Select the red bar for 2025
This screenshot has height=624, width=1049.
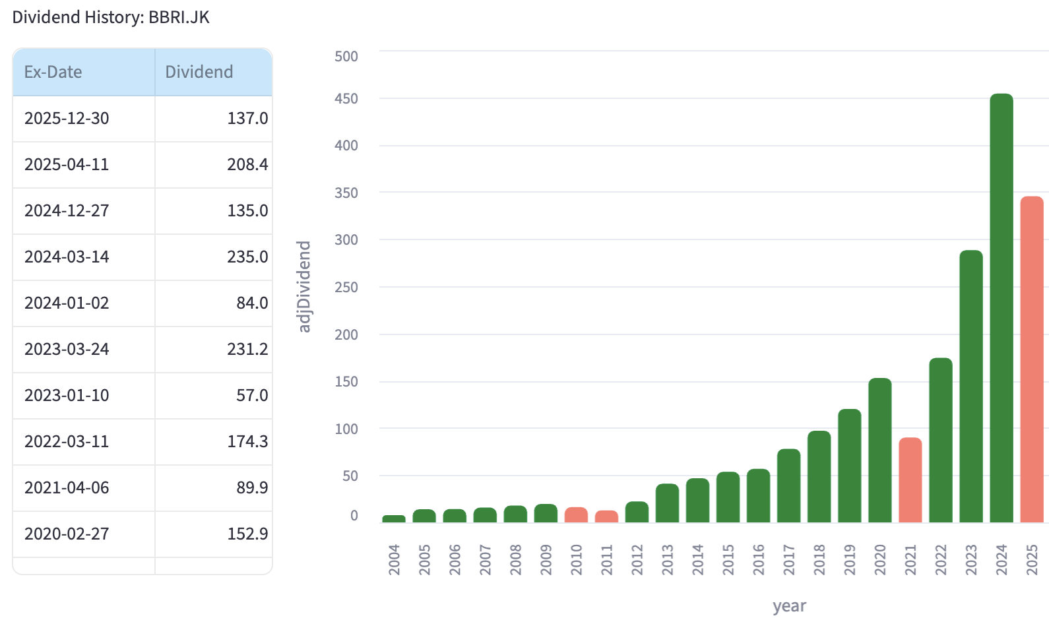click(1032, 359)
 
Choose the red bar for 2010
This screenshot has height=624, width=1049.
click(576, 515)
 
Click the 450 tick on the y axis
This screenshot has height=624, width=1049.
click(346, 99)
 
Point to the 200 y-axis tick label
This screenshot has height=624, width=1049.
click(346, 335)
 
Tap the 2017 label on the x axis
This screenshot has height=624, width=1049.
click(789, 559)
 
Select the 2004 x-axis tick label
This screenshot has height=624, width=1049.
click(395, 559)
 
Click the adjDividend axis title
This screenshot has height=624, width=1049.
click(303, 286)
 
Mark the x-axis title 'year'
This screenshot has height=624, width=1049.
click(789, 606)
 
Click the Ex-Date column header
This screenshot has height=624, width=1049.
click(53, 72)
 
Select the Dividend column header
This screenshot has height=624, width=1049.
click(199, 72)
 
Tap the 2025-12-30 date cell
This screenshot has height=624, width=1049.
click(67, 119)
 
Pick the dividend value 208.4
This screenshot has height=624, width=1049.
click(247, 165)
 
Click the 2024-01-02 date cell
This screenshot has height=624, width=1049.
click(67, 303)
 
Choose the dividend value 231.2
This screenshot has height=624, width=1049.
click(247, 350)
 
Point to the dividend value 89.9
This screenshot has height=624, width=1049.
click(252, 488)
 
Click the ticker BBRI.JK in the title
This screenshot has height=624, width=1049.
click(179, 17)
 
